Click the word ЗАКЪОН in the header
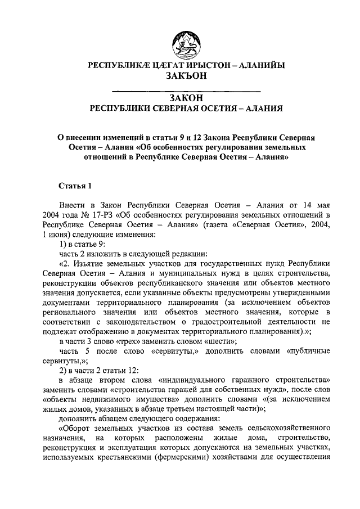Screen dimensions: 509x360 [x=186, y=76]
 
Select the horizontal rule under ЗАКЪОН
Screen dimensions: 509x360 [x=186, y=91]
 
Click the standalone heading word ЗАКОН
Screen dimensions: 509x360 [x=186, y=98]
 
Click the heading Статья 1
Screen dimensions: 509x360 [x=75, y=184]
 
